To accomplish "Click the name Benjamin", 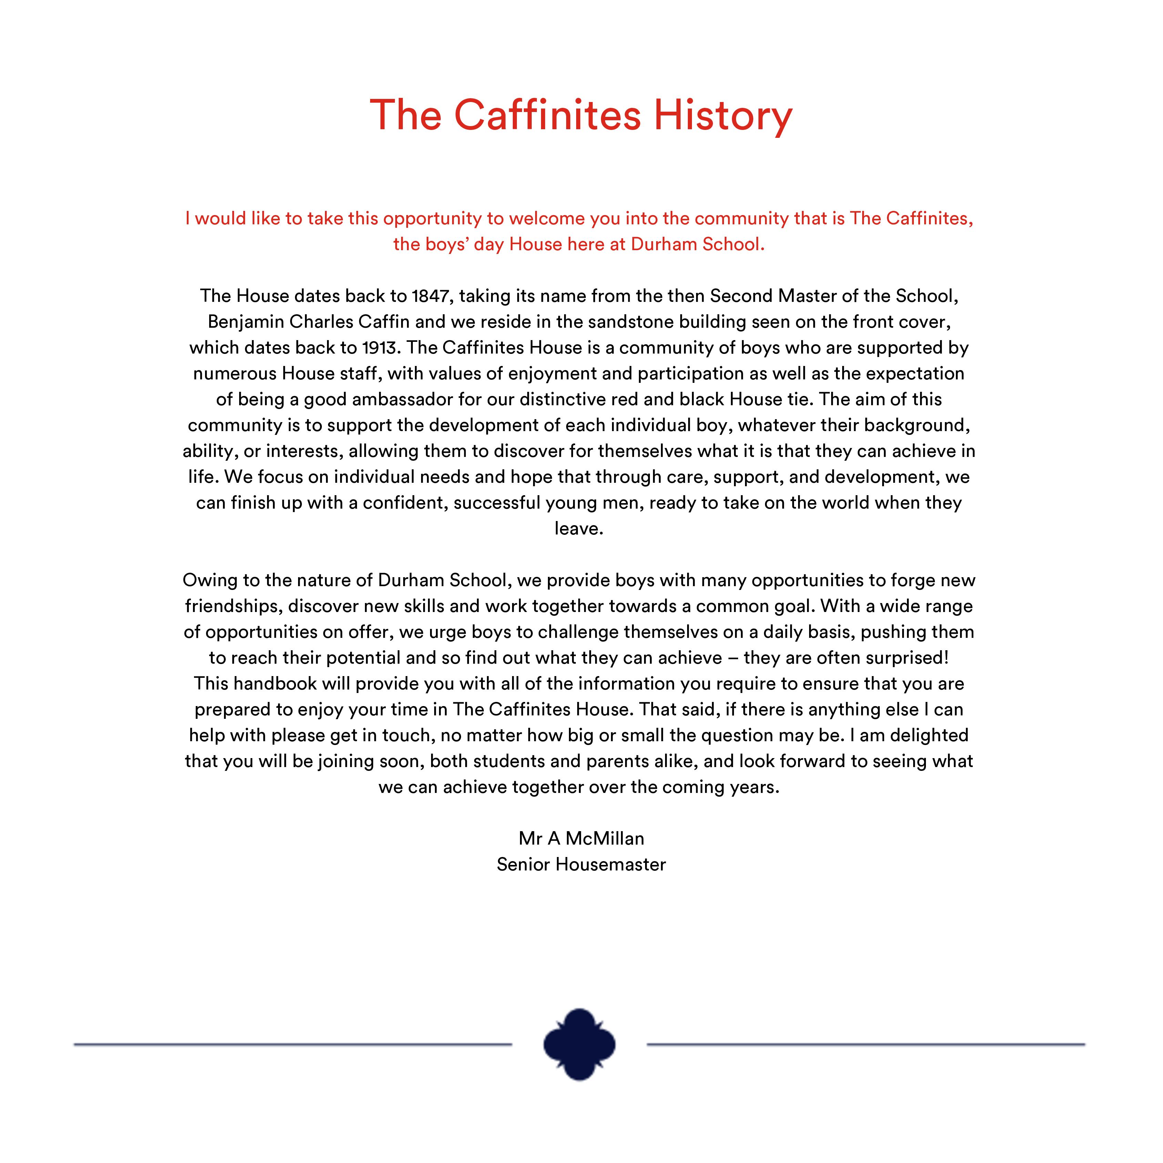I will (x=246, y=322).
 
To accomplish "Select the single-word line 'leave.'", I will (x=579, y=529).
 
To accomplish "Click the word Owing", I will (x=210, y=580).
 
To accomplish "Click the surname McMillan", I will (x=605, y=838).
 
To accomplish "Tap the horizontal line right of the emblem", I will (x=866, y=1044).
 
